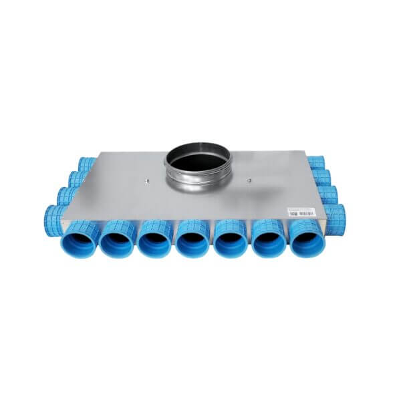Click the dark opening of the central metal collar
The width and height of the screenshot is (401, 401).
[198, 160]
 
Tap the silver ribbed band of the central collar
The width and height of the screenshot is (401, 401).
[198, 184]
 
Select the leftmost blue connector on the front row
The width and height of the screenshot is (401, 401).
[80, 237]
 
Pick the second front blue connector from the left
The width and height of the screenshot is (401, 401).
[118, 239]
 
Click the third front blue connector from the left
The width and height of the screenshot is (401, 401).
[156, 240]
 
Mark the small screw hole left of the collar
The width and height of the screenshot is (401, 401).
[144, 179]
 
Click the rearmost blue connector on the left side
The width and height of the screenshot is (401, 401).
[86, 164]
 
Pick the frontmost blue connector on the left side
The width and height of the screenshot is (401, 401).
[53, 217]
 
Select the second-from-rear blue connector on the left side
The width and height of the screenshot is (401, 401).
[78, 178]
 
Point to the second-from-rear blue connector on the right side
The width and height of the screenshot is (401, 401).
[322, 177]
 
